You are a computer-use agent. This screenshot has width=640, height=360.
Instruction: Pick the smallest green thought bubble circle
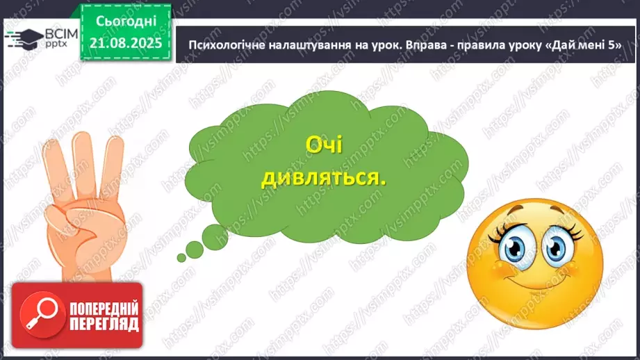click(181, 257)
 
